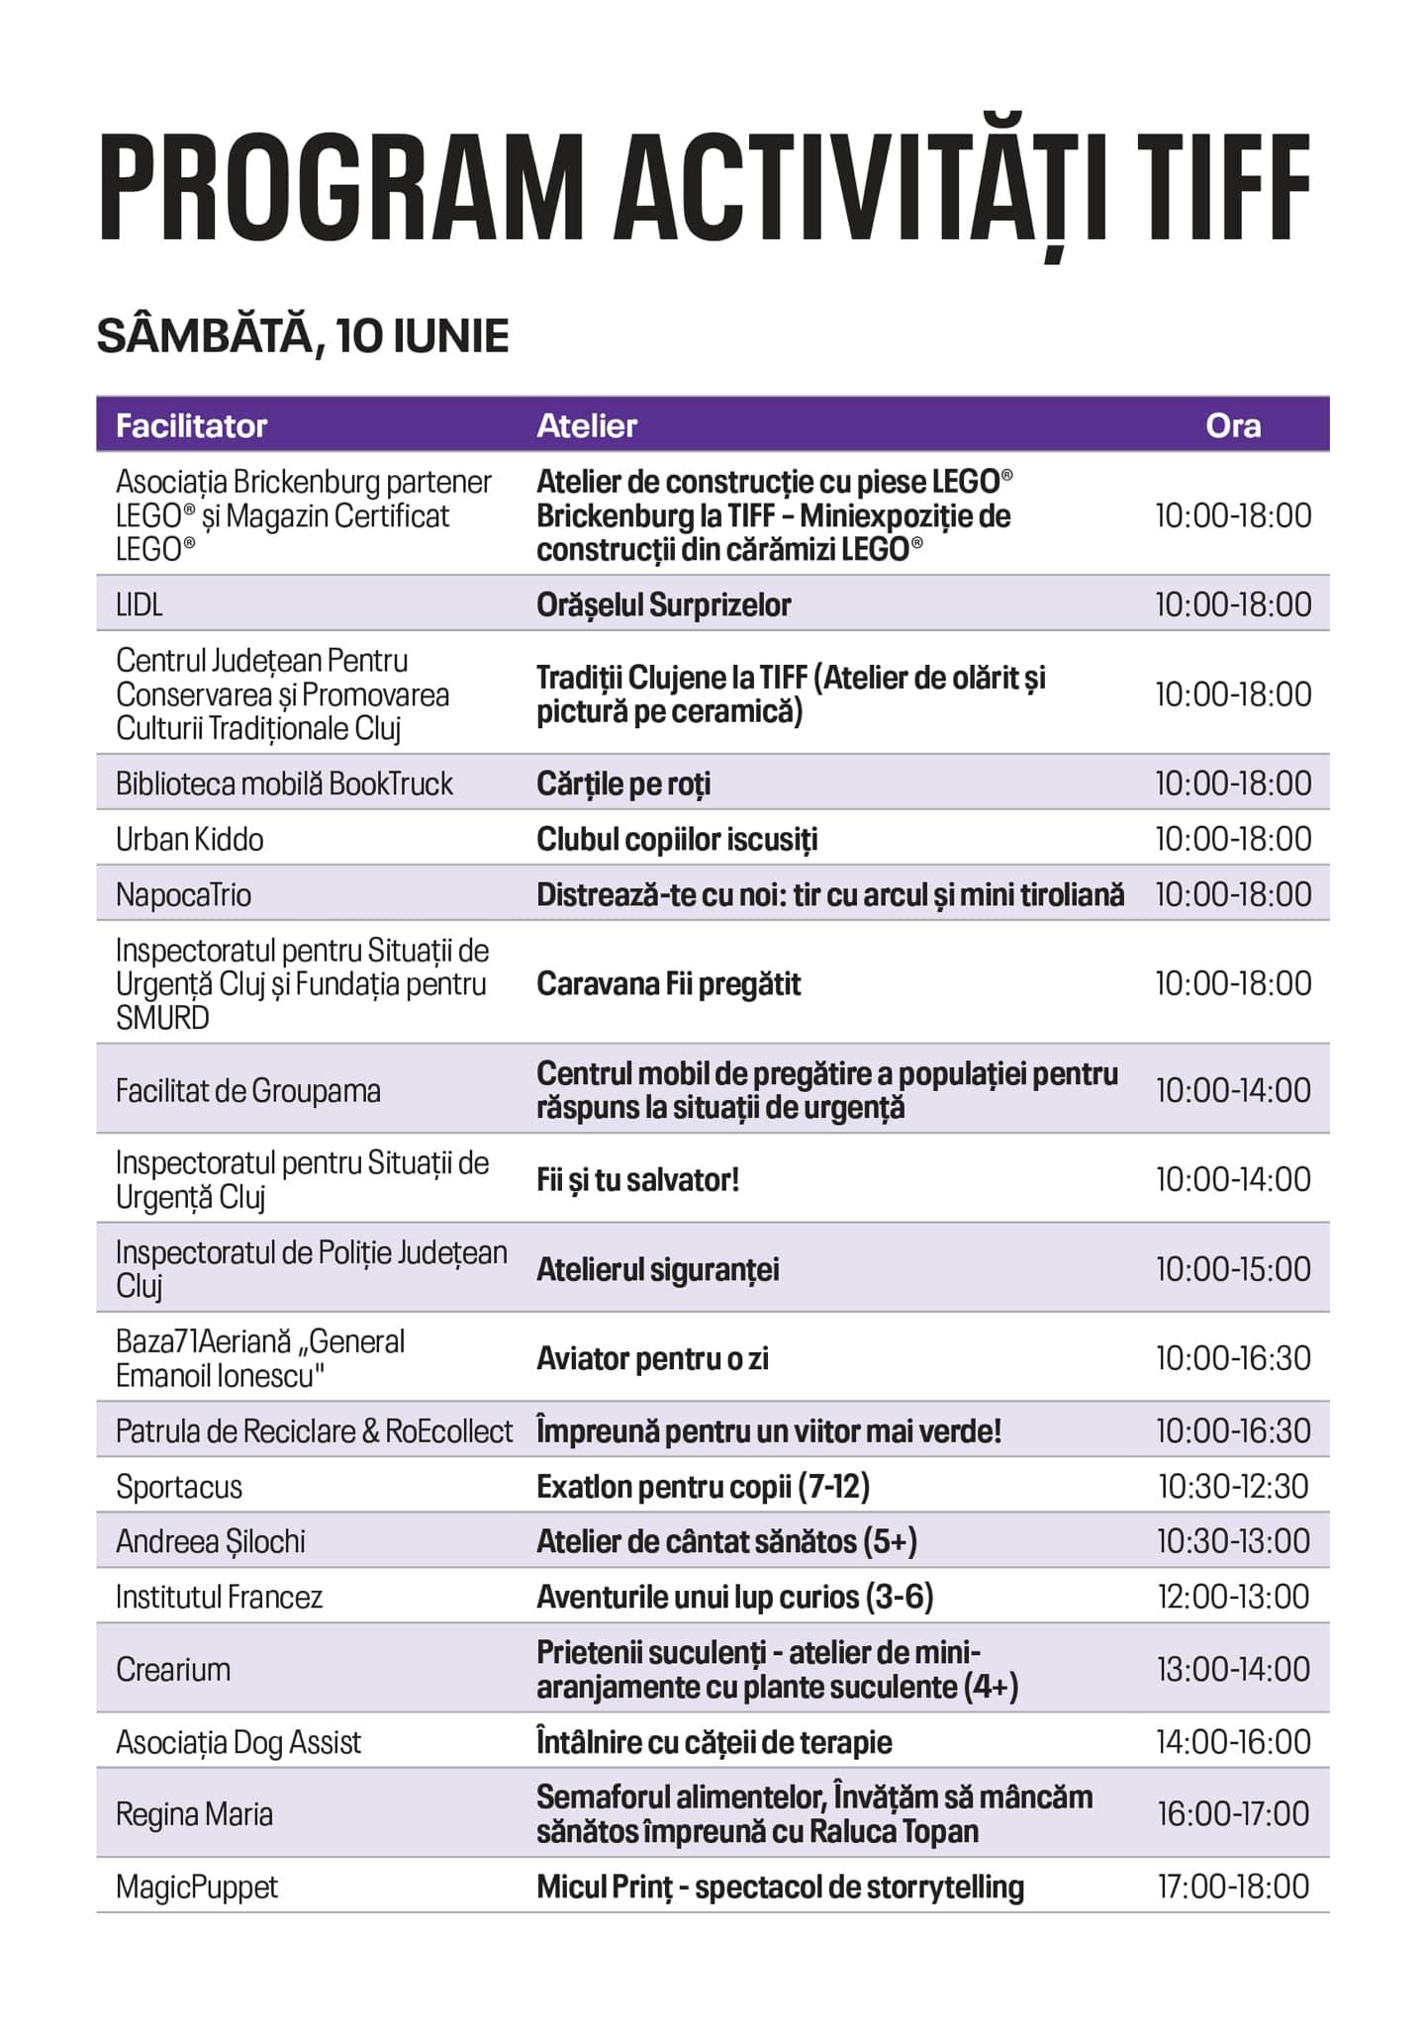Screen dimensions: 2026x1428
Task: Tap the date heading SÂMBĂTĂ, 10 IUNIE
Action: (x=303, y=336)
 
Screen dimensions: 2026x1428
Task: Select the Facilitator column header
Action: (x=191, y=425)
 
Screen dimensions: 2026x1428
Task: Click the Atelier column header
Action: (x=586, y=425)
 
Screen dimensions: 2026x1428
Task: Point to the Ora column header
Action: (x=1232, y=425)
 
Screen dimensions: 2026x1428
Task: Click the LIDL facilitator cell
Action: (x=140, y=604)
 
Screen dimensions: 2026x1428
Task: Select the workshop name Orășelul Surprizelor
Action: (x=663, y=604)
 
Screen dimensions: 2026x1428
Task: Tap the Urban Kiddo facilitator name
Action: (x=190, y=839)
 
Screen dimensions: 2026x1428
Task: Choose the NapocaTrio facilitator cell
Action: (x=184, y=894)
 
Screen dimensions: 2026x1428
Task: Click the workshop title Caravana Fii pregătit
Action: (x=668, y=983)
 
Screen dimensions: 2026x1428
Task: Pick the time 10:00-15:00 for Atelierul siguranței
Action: (x=1233, y=1268)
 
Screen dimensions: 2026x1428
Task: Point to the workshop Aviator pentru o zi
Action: (x=652, y=1358)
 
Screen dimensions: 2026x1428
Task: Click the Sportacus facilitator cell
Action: (x=179, y=1486)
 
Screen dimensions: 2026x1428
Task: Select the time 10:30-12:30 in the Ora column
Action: (x=1233, y=1486)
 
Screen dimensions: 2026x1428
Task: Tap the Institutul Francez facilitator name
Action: (x=219, y=1597)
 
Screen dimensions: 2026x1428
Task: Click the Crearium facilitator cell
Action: (x=173, y=1669)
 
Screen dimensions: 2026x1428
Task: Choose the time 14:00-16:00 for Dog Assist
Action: (x=1233, y=1741)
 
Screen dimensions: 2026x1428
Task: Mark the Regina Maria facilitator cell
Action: (x=194, y=1813)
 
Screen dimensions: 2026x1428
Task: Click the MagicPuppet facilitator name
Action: (x=197, y=1887)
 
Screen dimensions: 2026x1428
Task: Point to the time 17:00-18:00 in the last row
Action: (x=1233, y=1887)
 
